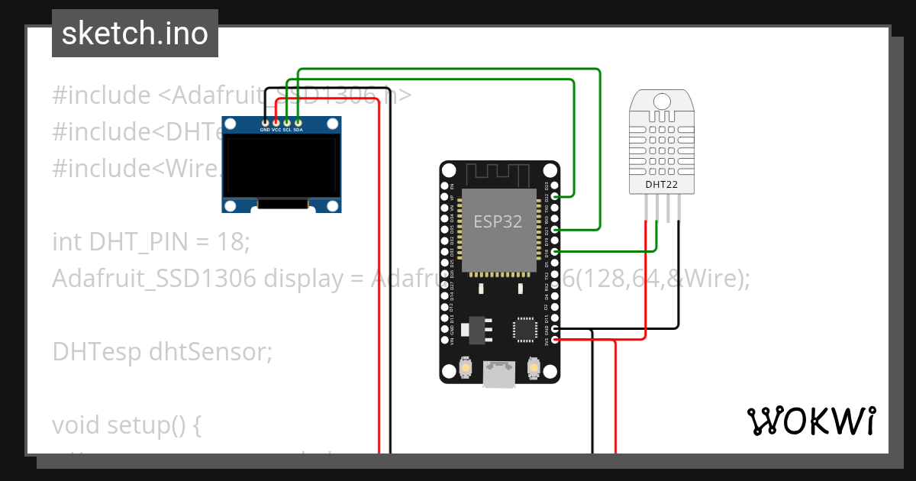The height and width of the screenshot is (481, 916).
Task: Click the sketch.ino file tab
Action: (135, 34)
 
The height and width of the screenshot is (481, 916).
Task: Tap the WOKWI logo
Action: (810, 421)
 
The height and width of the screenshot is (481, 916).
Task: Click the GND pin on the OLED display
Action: (265, 122)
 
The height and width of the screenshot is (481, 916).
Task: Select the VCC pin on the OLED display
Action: (276, 122)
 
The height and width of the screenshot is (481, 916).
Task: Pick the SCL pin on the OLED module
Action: (287, 122)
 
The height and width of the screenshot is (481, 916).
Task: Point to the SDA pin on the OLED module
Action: (298, 122)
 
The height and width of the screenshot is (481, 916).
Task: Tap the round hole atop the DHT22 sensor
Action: (662, 100)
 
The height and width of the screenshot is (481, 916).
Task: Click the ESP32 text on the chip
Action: (498, 221)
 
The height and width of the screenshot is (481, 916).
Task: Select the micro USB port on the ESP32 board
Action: (500, 375)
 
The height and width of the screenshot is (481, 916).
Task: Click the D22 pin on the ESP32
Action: (555, 196)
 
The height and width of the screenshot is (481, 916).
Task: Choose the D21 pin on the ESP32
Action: (555, 229)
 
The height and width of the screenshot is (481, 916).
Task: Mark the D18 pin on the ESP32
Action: (555, 251)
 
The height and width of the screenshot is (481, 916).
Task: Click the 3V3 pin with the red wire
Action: (555, 341)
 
